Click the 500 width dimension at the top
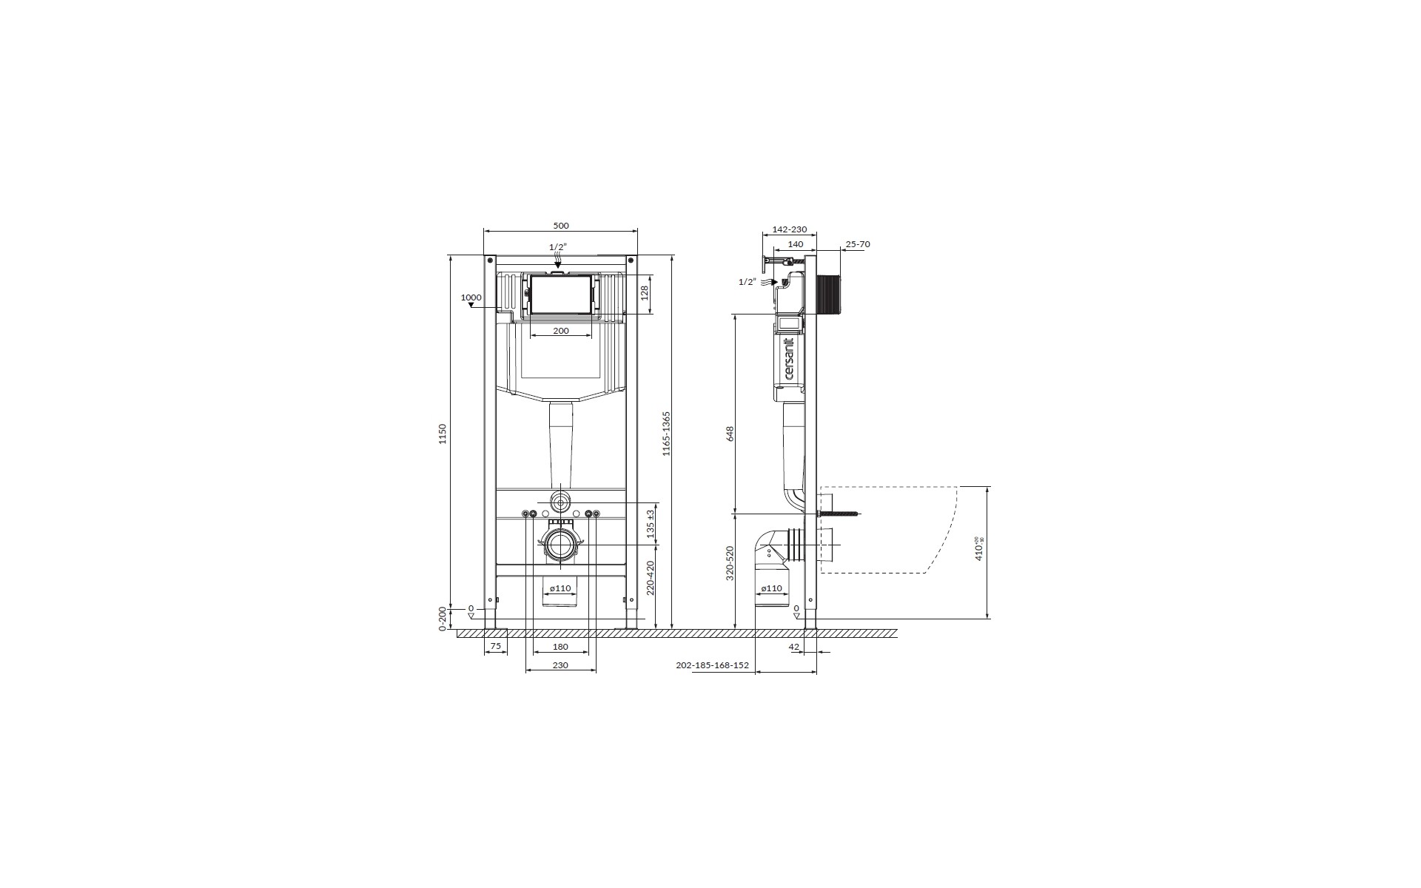[x=561, y=226]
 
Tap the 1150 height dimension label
[x=443, y=434]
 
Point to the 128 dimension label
[x=644, y=292]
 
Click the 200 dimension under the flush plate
[x=561, y=331]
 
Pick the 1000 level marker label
[x=471, y=297]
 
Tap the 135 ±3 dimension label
[x=651, y=523]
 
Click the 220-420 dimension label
[x=651, y=578]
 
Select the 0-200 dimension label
[x=443, y=619]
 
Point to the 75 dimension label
[x=496, y=647]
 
